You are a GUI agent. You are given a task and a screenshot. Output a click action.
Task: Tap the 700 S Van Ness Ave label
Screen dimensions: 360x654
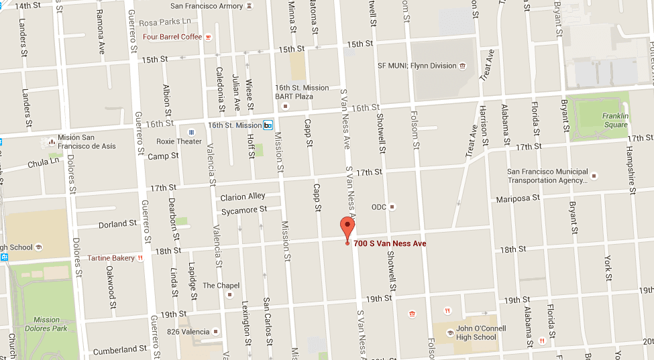tap(390, 243)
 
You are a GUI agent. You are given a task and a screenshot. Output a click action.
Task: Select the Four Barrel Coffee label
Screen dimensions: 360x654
tap(172, 37)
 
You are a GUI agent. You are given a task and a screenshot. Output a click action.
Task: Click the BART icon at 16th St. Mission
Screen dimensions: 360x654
tap(268, 125)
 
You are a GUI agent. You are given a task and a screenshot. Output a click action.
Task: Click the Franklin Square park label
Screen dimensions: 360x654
tap(614, 120)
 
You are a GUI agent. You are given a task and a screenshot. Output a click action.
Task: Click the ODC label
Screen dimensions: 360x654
tap(379, 207)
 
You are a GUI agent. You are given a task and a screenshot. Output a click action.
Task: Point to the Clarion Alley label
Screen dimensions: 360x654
tap(243, 197)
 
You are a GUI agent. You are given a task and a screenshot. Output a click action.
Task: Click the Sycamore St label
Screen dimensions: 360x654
tap(244, 211)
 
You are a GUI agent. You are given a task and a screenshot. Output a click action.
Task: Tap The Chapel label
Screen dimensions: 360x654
tap(221, 286)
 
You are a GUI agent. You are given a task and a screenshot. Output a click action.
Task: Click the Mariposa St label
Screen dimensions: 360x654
tap(518, 198)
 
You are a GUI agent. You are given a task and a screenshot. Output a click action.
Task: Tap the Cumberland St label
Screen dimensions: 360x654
tap(119, 350)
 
